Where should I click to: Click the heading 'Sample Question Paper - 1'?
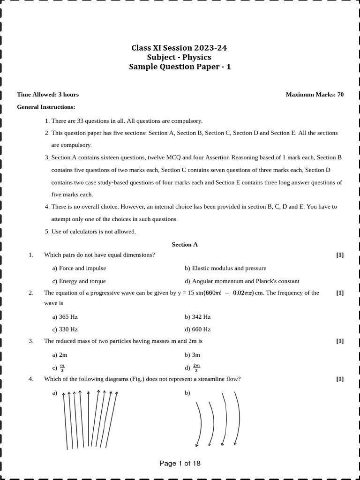tap(180, 67)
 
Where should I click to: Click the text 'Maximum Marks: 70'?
tap(315, 95)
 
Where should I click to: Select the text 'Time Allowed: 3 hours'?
tap(48, 95)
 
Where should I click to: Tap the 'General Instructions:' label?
tap(46, 107)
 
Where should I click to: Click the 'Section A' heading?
tap(185, 245)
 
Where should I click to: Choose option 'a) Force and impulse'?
tap(79, 269)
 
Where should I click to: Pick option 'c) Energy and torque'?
tap(79, 281)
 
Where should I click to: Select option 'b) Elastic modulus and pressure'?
tap(225, 269)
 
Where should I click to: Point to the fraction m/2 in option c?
tap(62, 368)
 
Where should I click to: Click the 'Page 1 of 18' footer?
tap(180, 464)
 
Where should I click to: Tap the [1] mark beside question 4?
tap(340, 379)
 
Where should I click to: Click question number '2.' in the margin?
tap(31, 293)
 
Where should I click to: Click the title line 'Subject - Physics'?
tap(180, 58)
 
